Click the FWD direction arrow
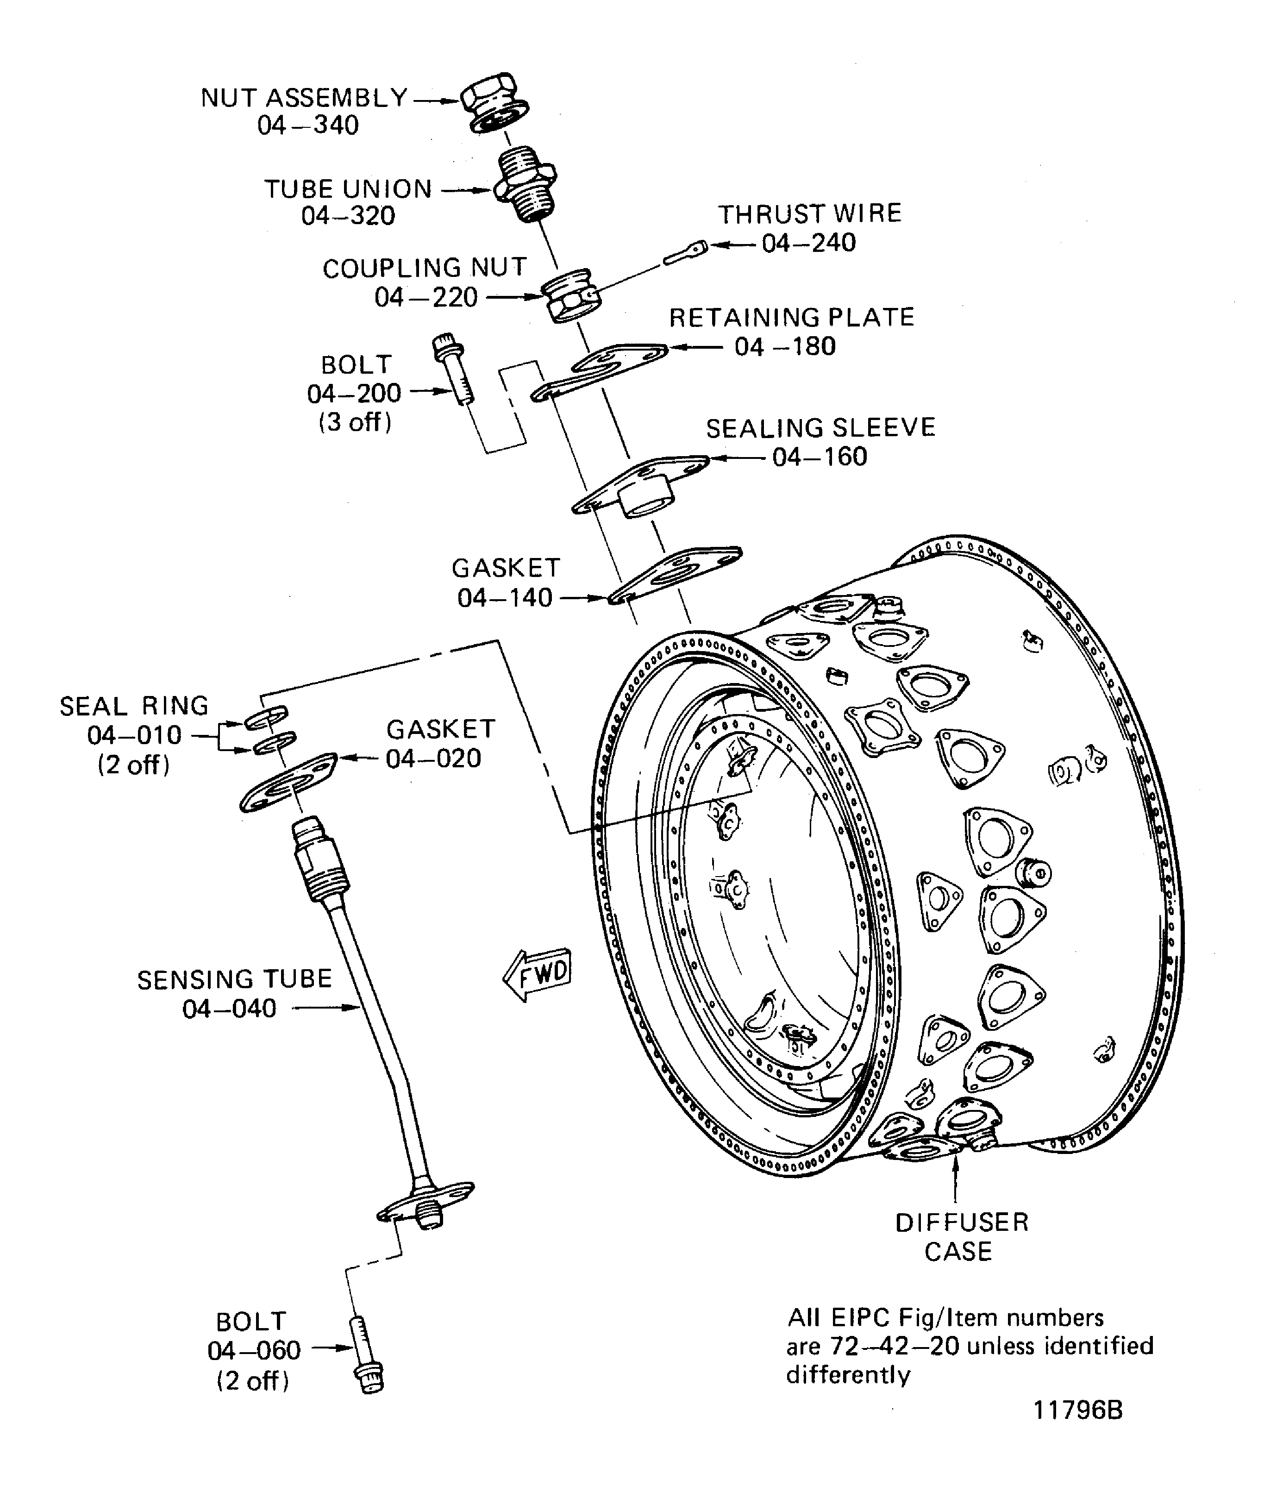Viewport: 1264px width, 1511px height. (x=538, y=974)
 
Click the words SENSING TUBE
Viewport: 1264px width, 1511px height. (x=235, y=979)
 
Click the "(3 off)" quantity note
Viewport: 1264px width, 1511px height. (x=355, y=422)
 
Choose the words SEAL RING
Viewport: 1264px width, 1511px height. (x=134, y=706)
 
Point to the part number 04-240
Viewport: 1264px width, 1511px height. (x=808, y=243)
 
